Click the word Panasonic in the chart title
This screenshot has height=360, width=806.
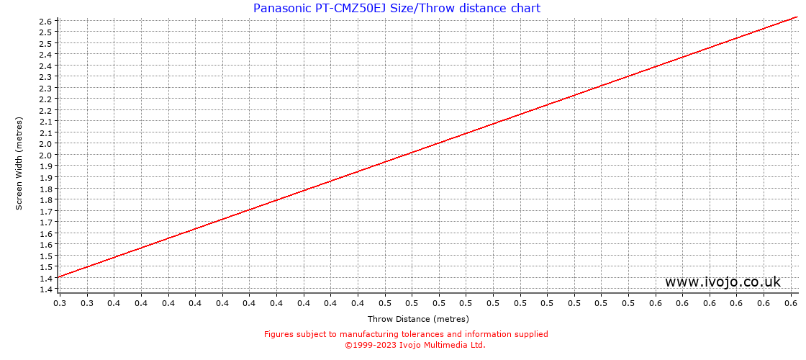(x=281, y=9)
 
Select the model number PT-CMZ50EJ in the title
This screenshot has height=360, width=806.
(x=350, y=9)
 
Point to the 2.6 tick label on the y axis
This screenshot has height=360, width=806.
(x=45, y=21)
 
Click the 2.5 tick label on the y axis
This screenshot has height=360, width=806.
(x=45, y=32)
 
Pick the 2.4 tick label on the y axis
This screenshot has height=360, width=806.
(x=45, y=54)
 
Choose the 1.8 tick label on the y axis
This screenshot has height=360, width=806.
(x=45, y=189)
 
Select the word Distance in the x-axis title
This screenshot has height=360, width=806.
(x=413, y=319)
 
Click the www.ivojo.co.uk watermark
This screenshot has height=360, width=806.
(x=723, y=282)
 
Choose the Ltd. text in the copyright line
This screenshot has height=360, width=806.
(x=477, y=345)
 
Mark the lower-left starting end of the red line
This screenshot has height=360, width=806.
(x=59, y=276)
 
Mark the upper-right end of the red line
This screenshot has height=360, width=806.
(x=797, y=16)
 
